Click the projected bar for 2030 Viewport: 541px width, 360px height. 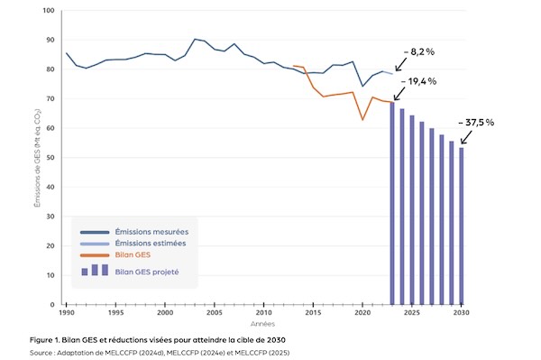463,226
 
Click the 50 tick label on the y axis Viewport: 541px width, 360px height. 50,158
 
